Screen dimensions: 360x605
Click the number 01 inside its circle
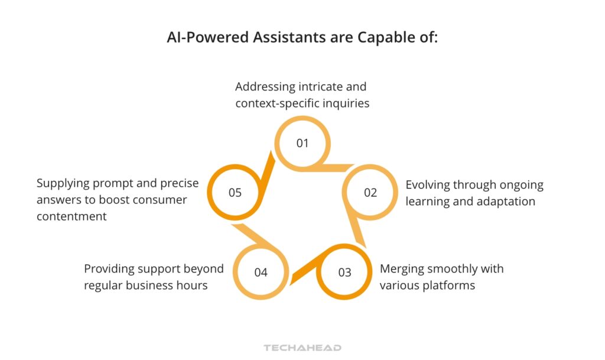tap(302, 143)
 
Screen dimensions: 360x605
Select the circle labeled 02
tap(370, 193)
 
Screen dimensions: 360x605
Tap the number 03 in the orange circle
tap(344, 273)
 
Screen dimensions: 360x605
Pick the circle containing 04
tap(261, 273)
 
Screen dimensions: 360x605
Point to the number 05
tap(235, 193)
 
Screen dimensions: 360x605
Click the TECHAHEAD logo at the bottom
tap(302, 348)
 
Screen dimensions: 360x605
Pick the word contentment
tap(71, 216)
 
